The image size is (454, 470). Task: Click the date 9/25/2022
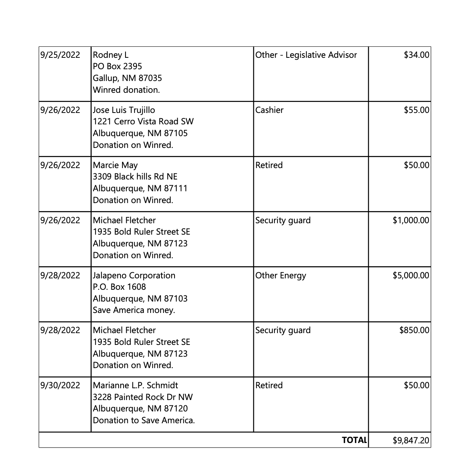(60, 55)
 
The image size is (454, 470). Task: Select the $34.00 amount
(416, 55)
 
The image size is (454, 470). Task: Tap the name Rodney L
(111, 55)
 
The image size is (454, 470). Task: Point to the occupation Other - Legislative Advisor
(306, 55)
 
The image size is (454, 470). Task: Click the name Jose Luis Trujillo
(124, 110)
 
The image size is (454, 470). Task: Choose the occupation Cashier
(269, 110)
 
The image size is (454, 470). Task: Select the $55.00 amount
(416, 110)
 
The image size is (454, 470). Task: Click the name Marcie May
(115, 165)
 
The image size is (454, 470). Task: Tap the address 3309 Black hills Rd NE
(135, 177)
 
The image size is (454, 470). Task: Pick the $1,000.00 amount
(411, 221)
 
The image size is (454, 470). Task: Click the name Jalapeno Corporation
(134, 276)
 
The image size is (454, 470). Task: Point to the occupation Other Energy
(281, 276)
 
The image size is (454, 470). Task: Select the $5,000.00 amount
(411, 276)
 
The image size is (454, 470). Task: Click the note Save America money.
(134, 310)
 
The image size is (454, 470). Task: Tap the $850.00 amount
(414, 330)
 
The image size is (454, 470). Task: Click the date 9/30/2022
(60, 386)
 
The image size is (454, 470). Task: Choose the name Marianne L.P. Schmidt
(135, 386)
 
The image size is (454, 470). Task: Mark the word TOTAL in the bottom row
(354, 440)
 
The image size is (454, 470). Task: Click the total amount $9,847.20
(411, 441)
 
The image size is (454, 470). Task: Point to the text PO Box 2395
(117, 67)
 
